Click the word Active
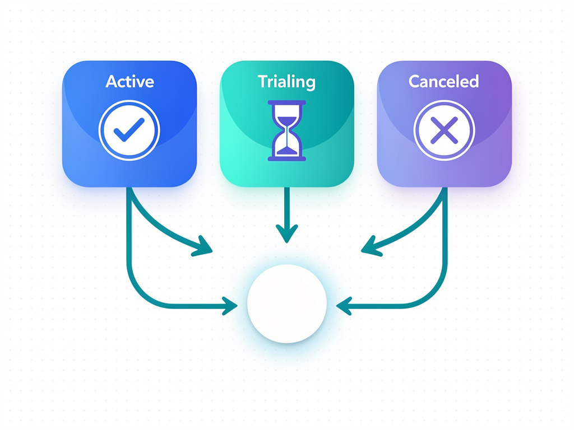(129, 81)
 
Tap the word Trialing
(286, 82)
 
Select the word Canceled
(444, 81)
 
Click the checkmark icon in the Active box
(129, 130)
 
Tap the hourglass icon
(287, 130)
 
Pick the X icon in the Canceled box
(444, 130)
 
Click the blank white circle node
(287, 304)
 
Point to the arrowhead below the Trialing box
(287, 233)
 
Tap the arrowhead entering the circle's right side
(344, 306)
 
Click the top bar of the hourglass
(287, 103)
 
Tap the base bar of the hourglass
(287, 158)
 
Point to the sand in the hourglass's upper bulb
(287, 121)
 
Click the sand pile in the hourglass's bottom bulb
(287, 150)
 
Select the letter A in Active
(112, 82)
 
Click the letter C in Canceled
(415, 81)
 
